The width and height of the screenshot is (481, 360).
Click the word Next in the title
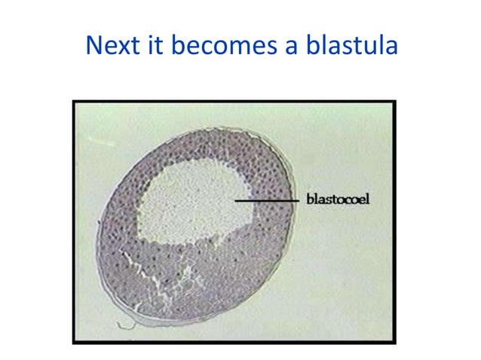pos(114,47)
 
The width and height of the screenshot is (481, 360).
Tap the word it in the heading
pos(156,47)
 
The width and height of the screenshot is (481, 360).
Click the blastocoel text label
pos(338,200)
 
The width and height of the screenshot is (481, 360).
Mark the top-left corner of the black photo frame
pos(74,101)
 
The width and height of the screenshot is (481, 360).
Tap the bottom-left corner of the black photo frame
pos(74,343)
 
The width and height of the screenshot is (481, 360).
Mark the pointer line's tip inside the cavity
pos(234,200)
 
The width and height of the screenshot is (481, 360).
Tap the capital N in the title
pos(94,47)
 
